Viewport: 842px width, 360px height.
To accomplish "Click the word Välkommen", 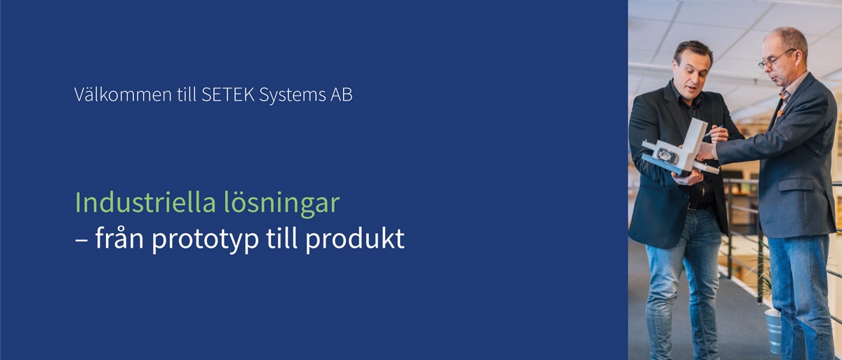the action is (x=123, y=94).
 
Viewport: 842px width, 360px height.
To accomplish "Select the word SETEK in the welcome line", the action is (x=228, y=95).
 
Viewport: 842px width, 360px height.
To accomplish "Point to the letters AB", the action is (x=342, y=95).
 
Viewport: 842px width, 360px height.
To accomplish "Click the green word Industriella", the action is (x=145, y=202).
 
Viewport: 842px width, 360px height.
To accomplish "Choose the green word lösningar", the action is (x=282, y=204).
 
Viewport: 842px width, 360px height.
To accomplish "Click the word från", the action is (x=119, y=237).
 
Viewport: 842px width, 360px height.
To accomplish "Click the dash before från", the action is (x=81, y=241).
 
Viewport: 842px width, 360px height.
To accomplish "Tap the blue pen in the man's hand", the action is (x=714, y=130).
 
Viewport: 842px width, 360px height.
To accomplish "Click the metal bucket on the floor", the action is (x=774, y=331).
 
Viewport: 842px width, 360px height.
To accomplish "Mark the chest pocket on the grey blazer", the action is (x=796, y=185).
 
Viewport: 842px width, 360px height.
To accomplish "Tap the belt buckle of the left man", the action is (x=691, y=206).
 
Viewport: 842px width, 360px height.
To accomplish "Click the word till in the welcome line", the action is (x=187, y=94).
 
